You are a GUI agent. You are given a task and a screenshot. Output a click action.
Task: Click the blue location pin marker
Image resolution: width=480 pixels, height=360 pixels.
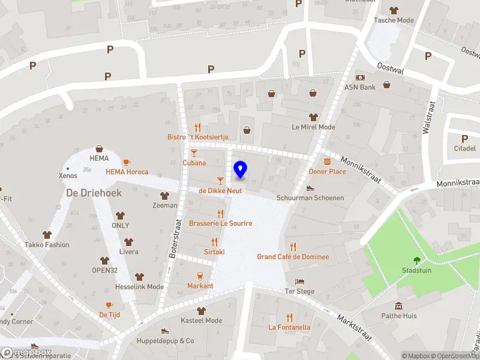click(240, 170)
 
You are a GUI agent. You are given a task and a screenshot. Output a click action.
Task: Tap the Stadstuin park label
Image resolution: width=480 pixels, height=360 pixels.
click(416, 271)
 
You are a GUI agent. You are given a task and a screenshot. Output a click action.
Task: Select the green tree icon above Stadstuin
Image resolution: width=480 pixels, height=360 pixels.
click(416, 260)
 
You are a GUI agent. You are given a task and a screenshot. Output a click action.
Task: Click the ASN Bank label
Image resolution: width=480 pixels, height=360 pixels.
click(360, 87)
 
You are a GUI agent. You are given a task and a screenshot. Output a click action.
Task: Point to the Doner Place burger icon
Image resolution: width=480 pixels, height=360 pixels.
click(327, 161)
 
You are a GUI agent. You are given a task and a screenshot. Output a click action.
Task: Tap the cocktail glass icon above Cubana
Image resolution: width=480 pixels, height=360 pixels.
click(194, 154)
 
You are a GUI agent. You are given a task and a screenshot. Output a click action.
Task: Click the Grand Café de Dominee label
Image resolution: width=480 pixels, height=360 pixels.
click(293, 257)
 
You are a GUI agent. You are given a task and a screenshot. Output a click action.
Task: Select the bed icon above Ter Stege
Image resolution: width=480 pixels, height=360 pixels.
click(300, 281)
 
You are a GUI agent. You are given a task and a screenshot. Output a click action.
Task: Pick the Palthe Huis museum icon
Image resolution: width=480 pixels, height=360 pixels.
click(400, 305)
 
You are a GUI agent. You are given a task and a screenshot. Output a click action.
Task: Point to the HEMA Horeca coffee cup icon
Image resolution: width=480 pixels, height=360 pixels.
click(126, 162)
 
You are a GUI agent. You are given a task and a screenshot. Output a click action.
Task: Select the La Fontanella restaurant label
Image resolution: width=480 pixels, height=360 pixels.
click(289, 328)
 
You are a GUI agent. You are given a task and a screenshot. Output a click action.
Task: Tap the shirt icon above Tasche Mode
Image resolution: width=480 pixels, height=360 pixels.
click(394, 10)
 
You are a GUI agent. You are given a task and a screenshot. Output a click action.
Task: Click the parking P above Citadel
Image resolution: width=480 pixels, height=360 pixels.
click(464, 139)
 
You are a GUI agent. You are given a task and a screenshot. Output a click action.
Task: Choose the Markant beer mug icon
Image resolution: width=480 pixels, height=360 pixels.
click(200, 276)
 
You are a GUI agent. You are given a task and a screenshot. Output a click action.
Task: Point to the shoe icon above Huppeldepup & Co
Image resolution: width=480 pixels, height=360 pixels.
click(165, 331)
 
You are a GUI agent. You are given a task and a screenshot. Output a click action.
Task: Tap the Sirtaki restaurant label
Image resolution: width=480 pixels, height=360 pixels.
click(214, 252)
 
